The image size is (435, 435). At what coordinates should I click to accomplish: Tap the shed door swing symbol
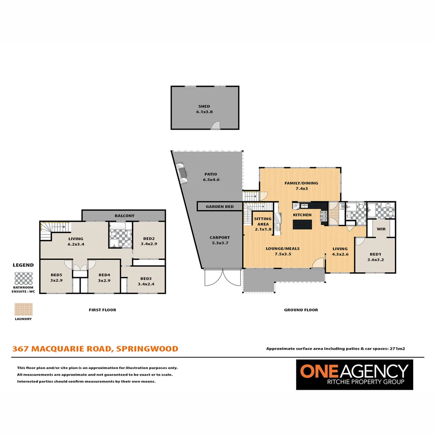pos(216,126)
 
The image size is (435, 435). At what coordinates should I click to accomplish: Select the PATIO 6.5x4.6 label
pos(211,177)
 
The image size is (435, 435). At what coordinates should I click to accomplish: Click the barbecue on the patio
pos(182,172)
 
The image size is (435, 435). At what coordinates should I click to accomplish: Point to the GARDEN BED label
pos(220,207)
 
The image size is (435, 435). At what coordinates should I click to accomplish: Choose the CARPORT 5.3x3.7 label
pos(220,240)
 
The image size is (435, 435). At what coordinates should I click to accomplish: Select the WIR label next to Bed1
pos(381,229)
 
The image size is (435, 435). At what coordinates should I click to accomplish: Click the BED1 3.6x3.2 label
pos(375,257)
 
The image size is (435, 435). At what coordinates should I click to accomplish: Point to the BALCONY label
pos(124,216)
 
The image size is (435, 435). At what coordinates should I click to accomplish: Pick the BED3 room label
pos(146,281)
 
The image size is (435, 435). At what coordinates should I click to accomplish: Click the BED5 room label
pos(56,278)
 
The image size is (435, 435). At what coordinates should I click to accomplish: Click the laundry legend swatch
pos(23,309)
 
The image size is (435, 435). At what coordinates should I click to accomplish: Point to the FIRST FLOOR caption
pos(102,310)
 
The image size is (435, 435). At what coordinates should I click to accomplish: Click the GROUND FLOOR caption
pos(301,310)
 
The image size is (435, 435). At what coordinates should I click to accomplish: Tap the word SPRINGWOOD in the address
pos(147,349)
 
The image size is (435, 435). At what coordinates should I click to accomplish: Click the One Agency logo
pos(354,375)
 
